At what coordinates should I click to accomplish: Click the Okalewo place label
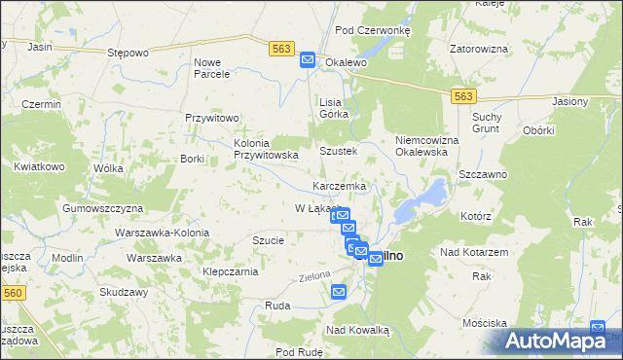[346, 61]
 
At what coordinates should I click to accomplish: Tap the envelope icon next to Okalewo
[308, 59]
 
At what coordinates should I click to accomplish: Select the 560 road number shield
[12, 292]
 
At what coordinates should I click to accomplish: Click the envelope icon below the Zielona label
[339, 291]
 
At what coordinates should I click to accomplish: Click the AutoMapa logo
[557, 341]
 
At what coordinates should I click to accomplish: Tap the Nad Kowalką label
[357, 330]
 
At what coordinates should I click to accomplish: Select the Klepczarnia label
[229, 271]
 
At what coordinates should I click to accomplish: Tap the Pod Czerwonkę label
[373, 30]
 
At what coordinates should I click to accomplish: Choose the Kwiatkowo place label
[39, 166]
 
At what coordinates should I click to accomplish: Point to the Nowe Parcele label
[211, 67]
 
